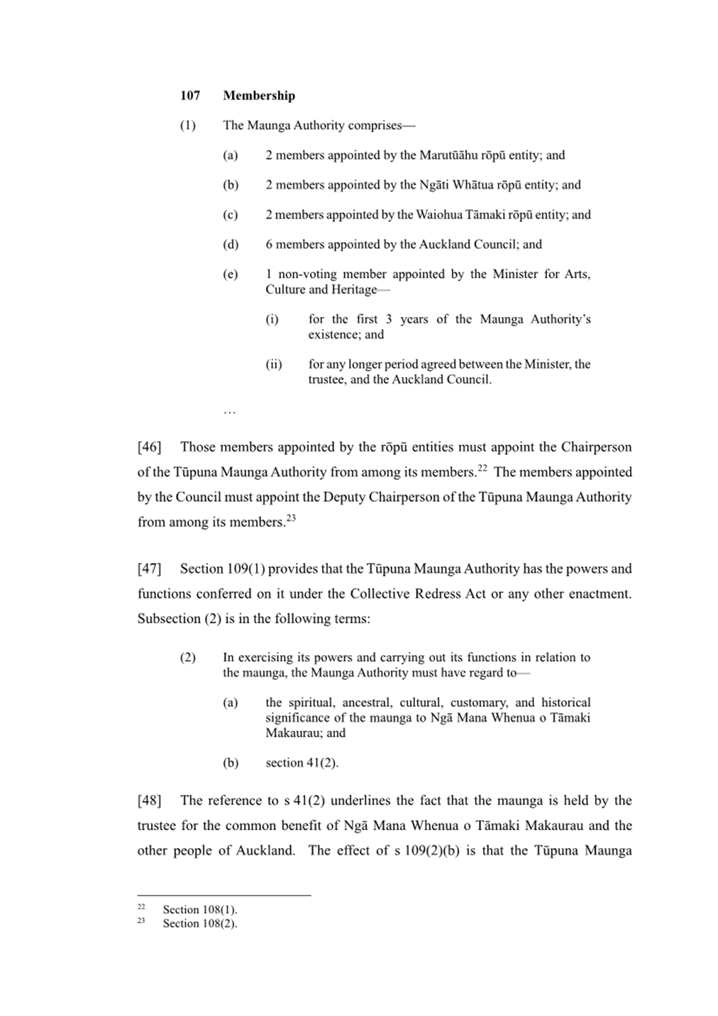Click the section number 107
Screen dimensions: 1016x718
coord(190,96)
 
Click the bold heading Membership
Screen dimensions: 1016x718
coord(259,96)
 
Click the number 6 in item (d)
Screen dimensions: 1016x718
coord(269,245)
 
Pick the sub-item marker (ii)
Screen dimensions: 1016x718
coord(274,364)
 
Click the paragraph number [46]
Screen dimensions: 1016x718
coord(149,447)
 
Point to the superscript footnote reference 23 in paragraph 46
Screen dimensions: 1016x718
coord(291,518)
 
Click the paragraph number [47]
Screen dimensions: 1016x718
coord(149,569)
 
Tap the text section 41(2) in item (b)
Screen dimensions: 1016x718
coord(302,763)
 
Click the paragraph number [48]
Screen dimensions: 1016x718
coord(149,800)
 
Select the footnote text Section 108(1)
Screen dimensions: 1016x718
coord(199,910)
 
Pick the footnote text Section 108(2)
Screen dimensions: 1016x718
coord(199,923)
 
